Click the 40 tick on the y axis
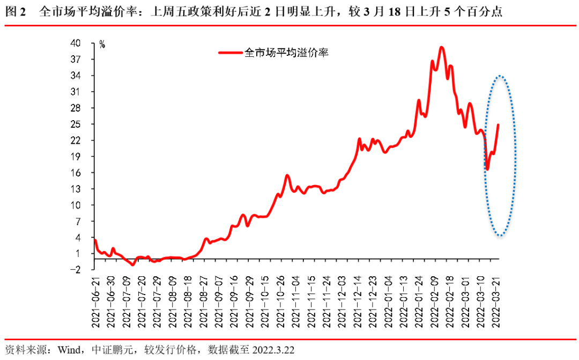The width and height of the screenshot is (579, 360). pyautogui.click(x=85, y=43)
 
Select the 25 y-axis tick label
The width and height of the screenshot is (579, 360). pyautogui.click(x=85, y=124)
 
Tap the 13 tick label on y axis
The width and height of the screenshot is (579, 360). pyautogui.click(x=85, y=189)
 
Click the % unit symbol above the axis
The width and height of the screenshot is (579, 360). pyautogui.click(x=102, y=45)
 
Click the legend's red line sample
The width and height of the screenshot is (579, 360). pyautogui.click(x=231, y=53)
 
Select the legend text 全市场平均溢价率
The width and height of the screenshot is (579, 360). pyautogui.click(x=286, y=53)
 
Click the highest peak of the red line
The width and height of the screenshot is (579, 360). pyautogui.click(x=441, y=47)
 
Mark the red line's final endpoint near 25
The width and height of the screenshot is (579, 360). pyautogui.click(x=498, y=125)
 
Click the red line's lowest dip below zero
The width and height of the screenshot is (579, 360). pyautogui.click(x=133, y=265)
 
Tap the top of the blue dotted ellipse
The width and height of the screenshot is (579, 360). pyautogui.click(x=500, y=76)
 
